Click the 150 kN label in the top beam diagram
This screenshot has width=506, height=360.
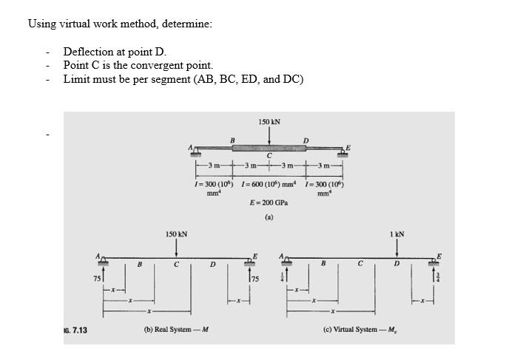(269, 121)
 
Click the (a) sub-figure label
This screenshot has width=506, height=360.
(269, 218)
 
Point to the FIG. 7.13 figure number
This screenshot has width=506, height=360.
(75, 330)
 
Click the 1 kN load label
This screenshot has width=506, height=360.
(397, 234)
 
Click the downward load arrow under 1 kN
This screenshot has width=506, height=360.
(397, 248)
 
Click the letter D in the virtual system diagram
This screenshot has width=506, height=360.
(397, 263)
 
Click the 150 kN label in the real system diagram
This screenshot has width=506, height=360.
(176, 234)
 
